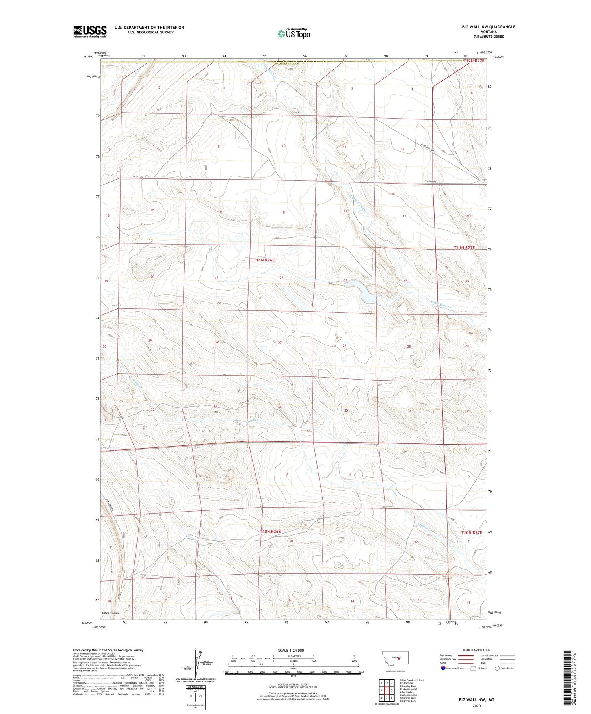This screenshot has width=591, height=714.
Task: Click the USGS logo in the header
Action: pyautogui.click(x=90, y=32)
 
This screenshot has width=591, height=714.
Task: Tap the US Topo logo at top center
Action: pyautogui.click(x=294, y=34)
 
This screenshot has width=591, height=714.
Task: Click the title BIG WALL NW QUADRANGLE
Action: pyautogui.click(x=489, y=27)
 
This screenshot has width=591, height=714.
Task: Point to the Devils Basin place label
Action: pyautogui.click(x=110, y=613)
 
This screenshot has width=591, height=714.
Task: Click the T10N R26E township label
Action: pyautogui.click(x=270, y=531)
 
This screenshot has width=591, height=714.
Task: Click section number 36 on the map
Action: pyautogui.click(x=410, y=410)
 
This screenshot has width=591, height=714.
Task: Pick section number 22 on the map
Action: pyautogui.click(x=281, y=278)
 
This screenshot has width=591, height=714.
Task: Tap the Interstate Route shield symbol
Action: pyautogui.click(x=443, y=668)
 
